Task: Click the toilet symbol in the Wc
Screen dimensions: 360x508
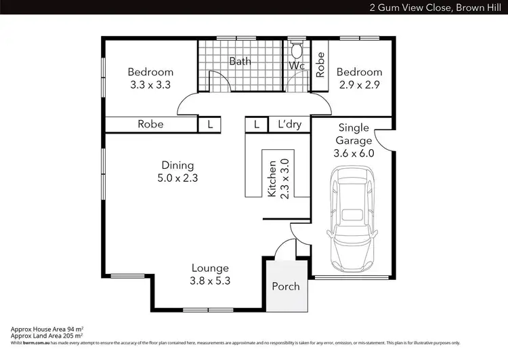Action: (296, 52)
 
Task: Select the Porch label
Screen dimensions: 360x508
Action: (285, 286)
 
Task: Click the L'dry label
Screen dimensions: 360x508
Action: (289, 125)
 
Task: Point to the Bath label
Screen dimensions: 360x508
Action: (240, 61)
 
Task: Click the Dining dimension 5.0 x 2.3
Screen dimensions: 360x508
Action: (177, 178)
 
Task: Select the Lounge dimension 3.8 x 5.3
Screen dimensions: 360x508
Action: (209, 281)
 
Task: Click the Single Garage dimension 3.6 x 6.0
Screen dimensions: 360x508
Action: (354, 153)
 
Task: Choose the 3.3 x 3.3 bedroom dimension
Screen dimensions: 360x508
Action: (150, 85)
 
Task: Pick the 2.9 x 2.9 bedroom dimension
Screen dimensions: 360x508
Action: (359, 85)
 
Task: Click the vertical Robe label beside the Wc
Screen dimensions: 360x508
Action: (320, 64)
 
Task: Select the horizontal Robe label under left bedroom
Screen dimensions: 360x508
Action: (150, 124)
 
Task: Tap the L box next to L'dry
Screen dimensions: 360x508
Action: (256, 125)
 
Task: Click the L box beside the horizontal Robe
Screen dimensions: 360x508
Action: (210, 125)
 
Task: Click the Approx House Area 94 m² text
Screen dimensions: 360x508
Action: (47, 329)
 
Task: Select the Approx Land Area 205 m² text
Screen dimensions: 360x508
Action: (46, 336)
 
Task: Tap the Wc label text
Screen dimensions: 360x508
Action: (297, 66)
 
